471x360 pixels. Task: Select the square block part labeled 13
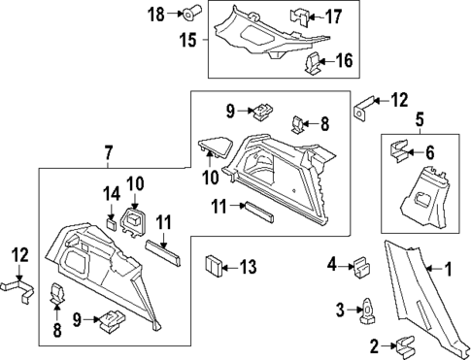tap(214, 265)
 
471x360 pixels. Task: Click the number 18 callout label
tap(156, 14)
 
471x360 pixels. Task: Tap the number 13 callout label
tap(250, 266)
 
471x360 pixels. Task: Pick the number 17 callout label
tap(333, 16)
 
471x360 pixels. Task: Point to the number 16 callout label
tap(344, 62)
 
